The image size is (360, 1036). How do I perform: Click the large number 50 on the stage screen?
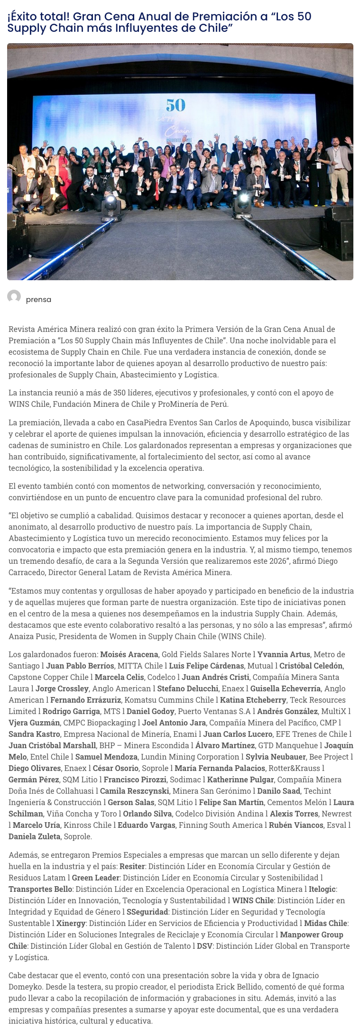point(175,105)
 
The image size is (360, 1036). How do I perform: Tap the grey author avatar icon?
point(14,297)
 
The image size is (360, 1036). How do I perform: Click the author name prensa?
point(38,300)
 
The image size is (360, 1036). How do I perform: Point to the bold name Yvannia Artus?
point(284,654)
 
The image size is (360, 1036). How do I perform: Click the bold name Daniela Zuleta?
point(34,836)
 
